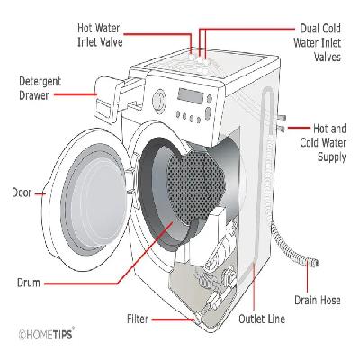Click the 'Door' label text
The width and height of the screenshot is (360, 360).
click(22, 192)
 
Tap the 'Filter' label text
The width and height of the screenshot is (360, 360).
click(138, 319)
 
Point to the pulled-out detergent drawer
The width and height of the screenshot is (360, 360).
click(111, 90)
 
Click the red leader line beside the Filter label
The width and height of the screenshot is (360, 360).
click(171, 319)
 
